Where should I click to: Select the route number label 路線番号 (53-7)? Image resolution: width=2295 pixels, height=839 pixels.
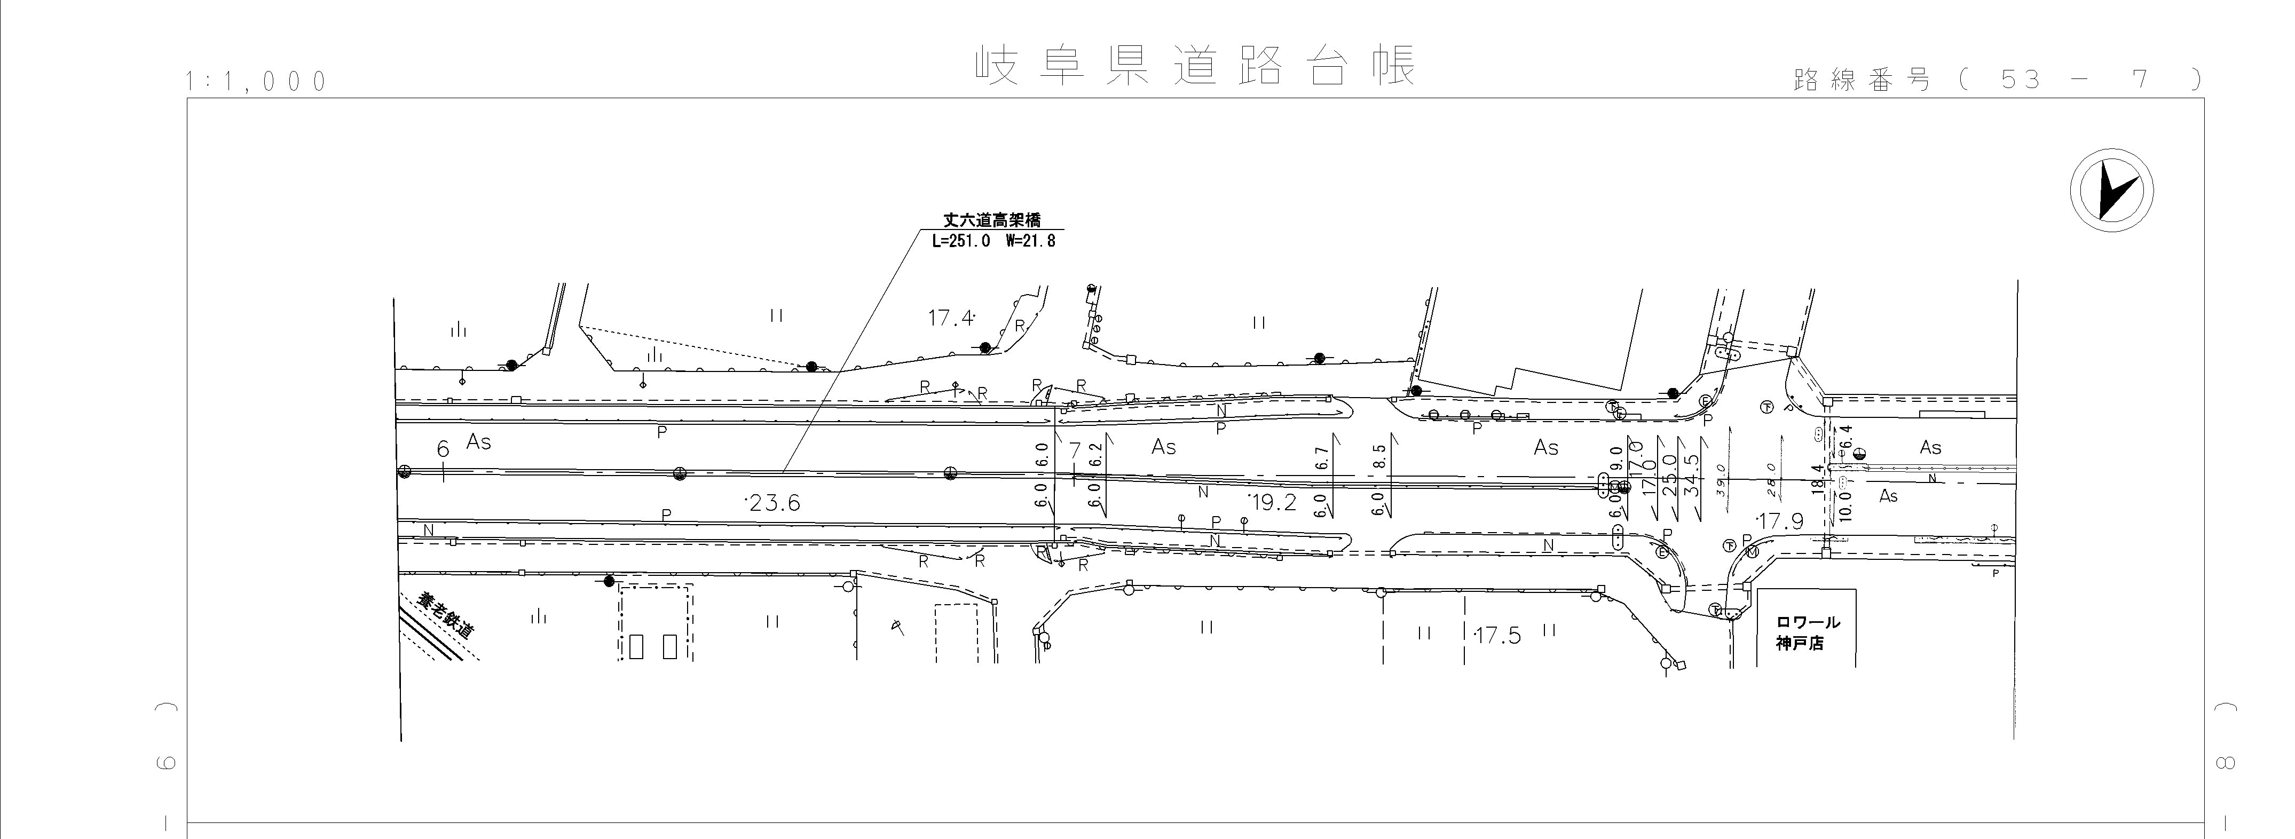point(1996,80)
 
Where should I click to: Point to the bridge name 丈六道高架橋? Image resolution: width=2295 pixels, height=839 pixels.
point(991,219)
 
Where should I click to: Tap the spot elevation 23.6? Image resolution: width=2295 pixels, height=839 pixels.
point(774,503)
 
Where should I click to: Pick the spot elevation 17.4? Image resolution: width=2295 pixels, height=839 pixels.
point(951,318)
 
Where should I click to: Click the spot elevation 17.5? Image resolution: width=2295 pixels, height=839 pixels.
point(1497,636)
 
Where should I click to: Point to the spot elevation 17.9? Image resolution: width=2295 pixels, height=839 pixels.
point(1779,521)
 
